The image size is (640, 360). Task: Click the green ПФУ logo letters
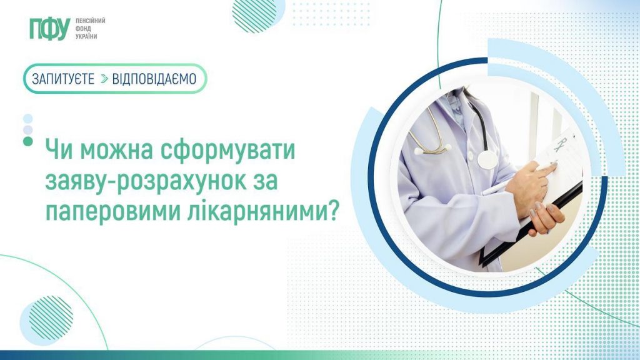[x=50, y=29]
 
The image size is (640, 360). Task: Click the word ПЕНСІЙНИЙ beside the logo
[x=90, y=21]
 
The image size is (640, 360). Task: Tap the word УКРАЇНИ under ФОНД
[x=86, y=36]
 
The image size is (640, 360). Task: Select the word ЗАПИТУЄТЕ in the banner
[x=63, y=79]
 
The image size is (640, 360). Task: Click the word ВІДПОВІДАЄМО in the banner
[x=154, y=79]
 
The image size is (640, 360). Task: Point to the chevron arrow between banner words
[x=104, y=79]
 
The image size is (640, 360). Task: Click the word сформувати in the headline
[x=227, y=150]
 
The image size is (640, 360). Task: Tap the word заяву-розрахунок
[x=146, y=182]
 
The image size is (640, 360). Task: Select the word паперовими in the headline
[x=113, y=212]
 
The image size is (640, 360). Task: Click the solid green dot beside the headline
[x=27, y=142]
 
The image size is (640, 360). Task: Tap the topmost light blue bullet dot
[x=27, y=119]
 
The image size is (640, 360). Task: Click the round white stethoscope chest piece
[x=487, y=159]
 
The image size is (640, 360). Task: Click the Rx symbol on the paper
[x=561, y=144]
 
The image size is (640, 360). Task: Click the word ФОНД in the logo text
[x=83, y=29]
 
